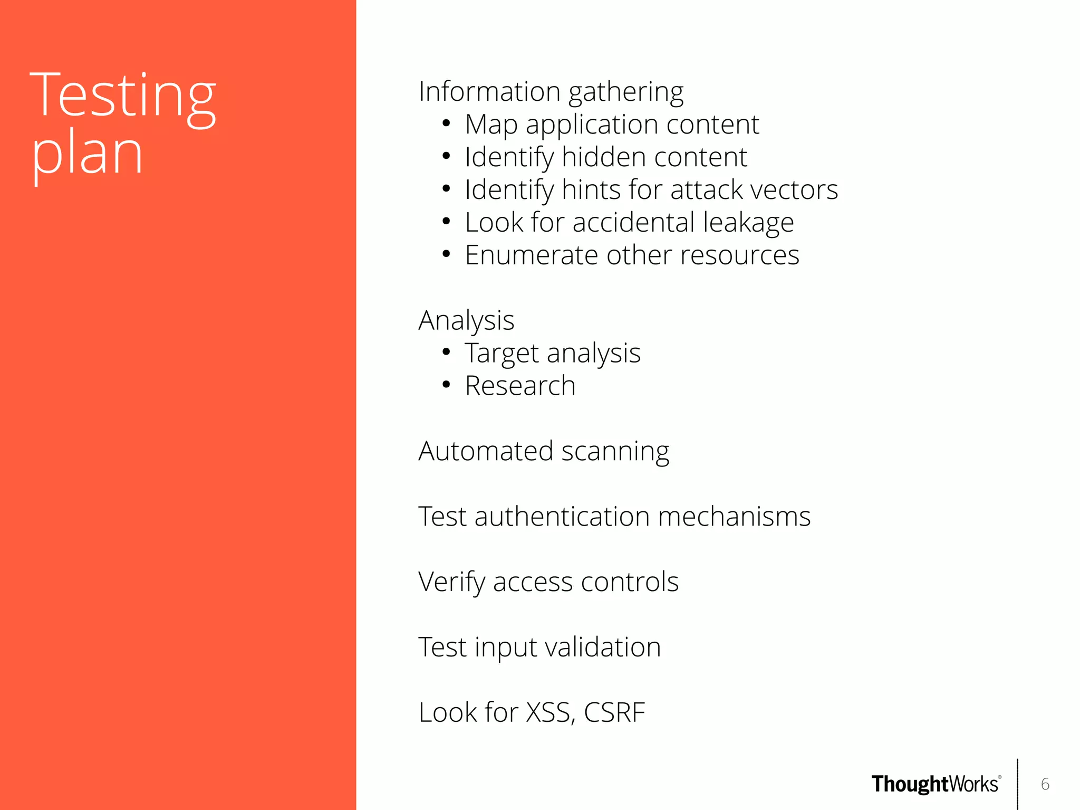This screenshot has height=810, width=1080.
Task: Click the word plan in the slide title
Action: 87,155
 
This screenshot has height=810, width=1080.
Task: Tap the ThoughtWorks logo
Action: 936,784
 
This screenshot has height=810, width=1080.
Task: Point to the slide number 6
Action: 1045,784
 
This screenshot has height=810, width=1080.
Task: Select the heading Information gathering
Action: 551,92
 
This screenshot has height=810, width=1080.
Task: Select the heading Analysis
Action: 466,321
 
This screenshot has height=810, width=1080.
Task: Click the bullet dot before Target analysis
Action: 446,352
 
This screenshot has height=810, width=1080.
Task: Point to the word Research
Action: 520,386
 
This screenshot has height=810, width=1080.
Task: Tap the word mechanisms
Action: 734,517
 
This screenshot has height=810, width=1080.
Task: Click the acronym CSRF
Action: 614,713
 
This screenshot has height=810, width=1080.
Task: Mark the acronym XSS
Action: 549,713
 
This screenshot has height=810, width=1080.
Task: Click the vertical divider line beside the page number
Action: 1017,784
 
